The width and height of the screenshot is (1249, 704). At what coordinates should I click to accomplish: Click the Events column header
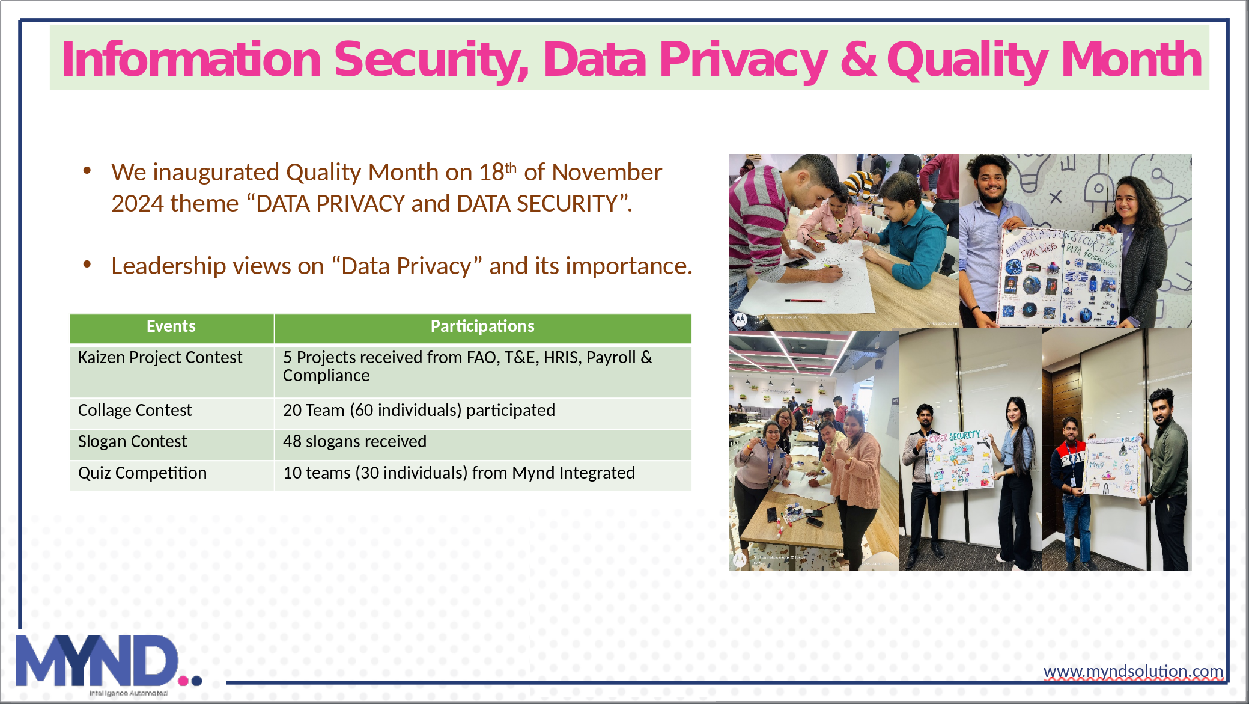[x=171, y=326]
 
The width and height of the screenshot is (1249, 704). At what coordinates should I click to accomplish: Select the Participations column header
[x=482, y=326]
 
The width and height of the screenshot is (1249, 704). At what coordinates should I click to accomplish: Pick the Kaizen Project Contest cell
[x=160, y=358]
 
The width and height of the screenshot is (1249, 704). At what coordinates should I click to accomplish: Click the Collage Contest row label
[x=135, y=411]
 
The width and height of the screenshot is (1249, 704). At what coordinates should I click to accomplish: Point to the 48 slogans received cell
[x=354, y=442]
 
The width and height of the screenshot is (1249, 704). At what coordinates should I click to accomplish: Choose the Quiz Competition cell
[x=142, y=473]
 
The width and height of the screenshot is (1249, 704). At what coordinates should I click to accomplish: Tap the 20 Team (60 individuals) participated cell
[x=419, y=411]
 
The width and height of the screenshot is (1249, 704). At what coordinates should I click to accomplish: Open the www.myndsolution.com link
[x=1133, y=671]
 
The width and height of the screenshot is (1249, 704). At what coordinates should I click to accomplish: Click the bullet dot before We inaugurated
[x=87, y=171]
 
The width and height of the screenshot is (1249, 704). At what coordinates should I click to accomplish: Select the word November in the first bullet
[x=606, y=173]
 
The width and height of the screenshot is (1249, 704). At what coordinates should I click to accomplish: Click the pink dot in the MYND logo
[x=183, y=681]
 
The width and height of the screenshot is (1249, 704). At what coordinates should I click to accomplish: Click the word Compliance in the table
[x=326, y=376]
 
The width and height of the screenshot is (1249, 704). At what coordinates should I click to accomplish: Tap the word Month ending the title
[x=1131, y=59]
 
